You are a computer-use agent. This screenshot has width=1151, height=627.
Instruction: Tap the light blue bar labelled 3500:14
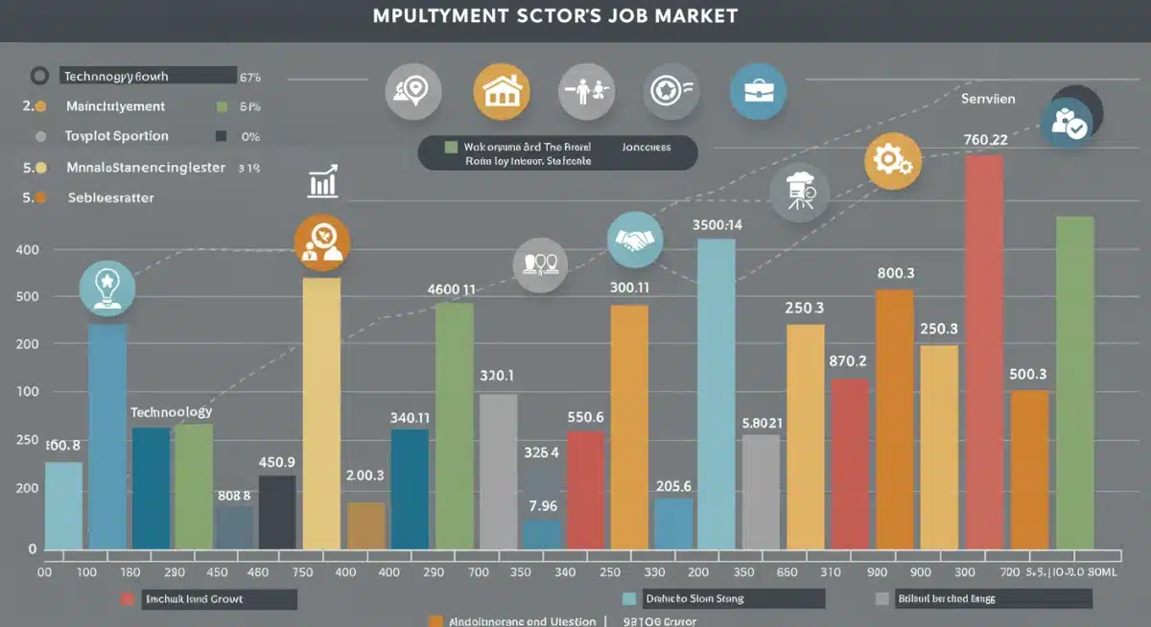[716, 393]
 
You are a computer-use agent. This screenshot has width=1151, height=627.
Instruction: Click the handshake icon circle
[635, 240]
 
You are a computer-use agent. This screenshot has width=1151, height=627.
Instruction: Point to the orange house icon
[501, 91]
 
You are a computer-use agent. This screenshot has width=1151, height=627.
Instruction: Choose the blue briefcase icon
[758, 91]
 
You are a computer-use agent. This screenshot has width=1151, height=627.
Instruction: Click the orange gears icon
[893, 161]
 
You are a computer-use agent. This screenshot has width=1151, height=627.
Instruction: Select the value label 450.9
[276, 462]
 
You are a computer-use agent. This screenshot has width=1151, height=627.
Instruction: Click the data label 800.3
[896, 273]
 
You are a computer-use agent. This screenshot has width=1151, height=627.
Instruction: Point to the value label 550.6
[585, 417]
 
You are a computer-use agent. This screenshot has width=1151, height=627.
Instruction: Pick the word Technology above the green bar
[171, 411]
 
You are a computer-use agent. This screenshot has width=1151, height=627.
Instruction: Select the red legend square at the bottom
[128, 598]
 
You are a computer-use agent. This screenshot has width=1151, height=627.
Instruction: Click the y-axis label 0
[32, 549]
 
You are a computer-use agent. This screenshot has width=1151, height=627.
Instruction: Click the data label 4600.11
[451, 289]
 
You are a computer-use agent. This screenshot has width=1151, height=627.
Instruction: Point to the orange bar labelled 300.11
[629, 428]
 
